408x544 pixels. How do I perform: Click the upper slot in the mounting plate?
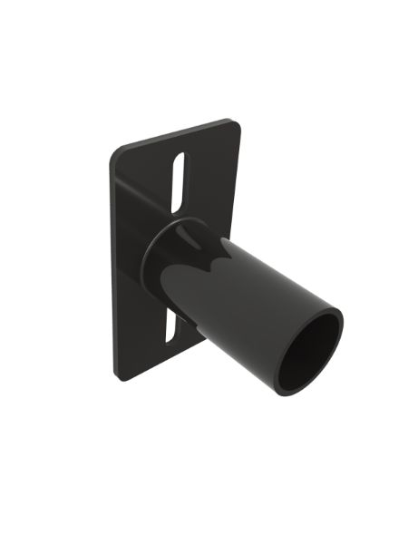click(178, 181)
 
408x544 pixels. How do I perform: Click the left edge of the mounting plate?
click(112, 263)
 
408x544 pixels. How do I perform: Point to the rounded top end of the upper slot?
click(180, 156)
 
